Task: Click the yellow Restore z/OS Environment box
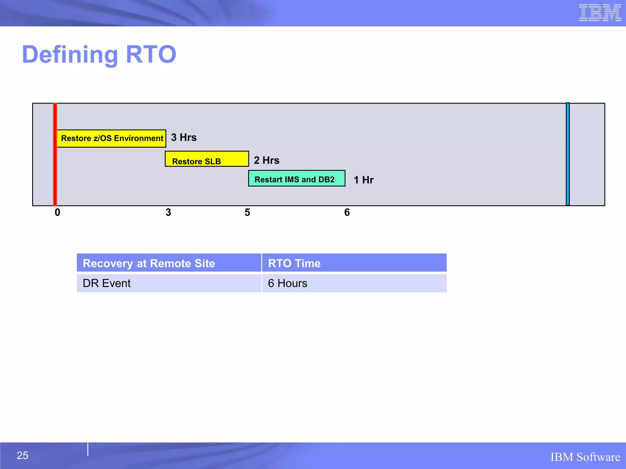pyautogui.click(x=111, y=138)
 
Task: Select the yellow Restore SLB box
pyautogui.click(x=207, y=159)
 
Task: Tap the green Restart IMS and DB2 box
pyautogui.click(x=296, y=179)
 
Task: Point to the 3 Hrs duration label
pyautogui.click(x=184, y=137)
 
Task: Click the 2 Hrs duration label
pyautogui.click(x=267, y=160)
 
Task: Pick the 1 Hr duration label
pyautogui.click(x=363, y=180)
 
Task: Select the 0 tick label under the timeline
pyautogui.click(x=57, y=213)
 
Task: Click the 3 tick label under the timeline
pyautogui.click(x=168, y=213)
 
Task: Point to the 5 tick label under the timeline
pyautogui.click(x=247, y=213)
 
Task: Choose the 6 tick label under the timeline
pyautogui.click(x=347, y=213)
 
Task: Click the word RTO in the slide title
pyautogui.click(x=151, y=54)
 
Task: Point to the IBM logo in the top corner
pyautogui.click(x=600, y=13)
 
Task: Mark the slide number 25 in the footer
pyautogui.click(x=22, y=455)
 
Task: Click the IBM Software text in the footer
pyautogui.click(x=585, y=457)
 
